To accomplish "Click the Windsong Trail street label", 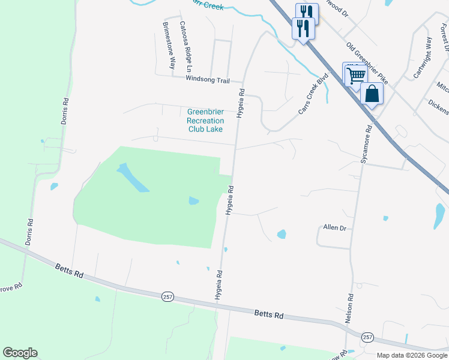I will pos(208,80).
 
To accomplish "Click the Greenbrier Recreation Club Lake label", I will pos(205,120).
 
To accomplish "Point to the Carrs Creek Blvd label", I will pos(315,94).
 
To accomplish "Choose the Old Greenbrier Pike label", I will pos(367,63).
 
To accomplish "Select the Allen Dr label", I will pos(335,228).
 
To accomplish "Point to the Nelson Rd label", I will pos(349,308).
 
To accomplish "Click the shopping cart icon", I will pos(355,75).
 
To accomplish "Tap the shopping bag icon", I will pos(372,94).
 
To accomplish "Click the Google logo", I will pos(20,353).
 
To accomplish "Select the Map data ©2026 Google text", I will pos(412,355).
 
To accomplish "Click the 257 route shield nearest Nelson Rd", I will pos(368,337).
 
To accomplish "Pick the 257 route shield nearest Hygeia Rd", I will pos(167,297).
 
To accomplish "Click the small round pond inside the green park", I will pos(193,201).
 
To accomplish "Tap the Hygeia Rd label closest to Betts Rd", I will pos(218,285).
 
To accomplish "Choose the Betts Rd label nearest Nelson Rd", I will pos(268,314).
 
